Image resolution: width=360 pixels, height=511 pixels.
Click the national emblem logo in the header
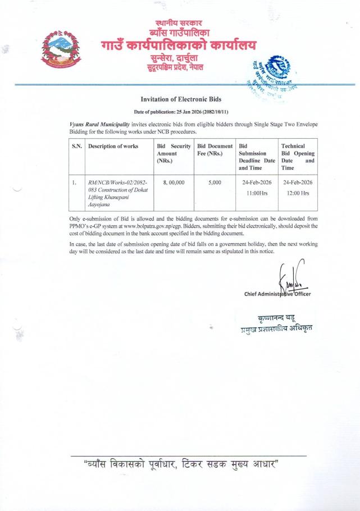[62, 48]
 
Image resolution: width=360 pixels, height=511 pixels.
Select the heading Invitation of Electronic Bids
[180, 99]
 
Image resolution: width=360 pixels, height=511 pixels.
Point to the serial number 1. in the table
[74, 182]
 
